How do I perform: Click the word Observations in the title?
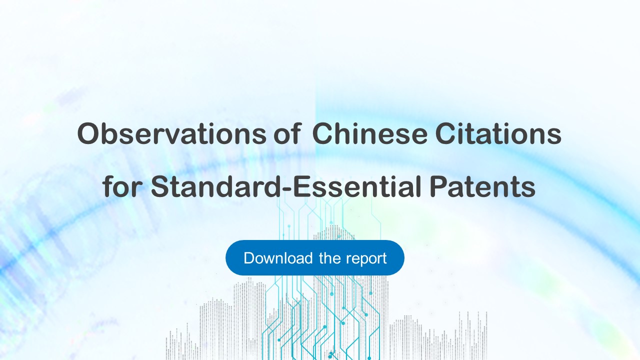171,133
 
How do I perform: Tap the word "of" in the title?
287,133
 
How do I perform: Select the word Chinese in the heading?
369,133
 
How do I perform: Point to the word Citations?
498,133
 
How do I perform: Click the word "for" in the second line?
122,186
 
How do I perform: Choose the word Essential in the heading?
357,186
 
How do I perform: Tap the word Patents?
482,186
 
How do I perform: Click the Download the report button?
315,257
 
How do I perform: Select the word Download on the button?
278,258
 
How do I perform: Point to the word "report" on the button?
366,259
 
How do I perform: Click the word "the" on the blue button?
329,258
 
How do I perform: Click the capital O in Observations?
88,133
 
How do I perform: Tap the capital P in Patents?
438,186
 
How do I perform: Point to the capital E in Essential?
302,186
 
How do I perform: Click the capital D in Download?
249,258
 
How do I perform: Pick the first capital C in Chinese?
322,133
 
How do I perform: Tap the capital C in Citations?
445,133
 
